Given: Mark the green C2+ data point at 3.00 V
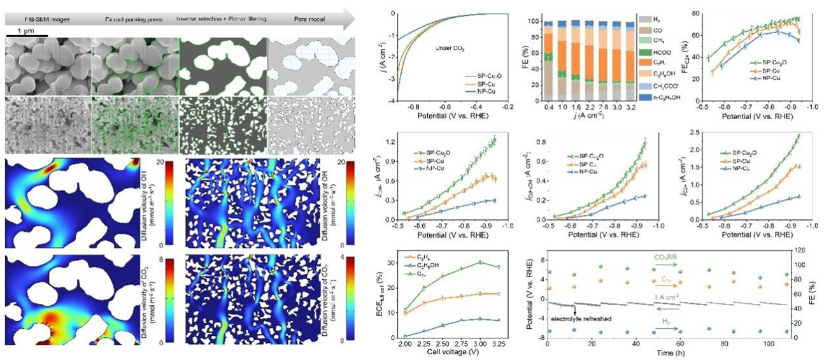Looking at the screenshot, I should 479,262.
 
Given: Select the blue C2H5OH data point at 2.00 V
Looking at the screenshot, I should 405,336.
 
